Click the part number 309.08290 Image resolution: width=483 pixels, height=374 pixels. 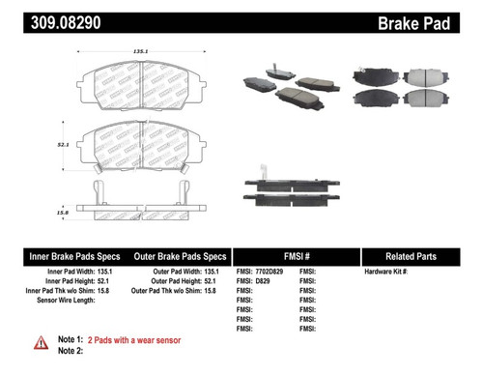click(x=47, y=17)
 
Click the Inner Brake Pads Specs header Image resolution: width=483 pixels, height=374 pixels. click(x=71, y=256)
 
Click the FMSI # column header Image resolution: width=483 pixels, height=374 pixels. click(x=294, y=256)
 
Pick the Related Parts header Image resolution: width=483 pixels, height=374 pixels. click(x=417, y=256)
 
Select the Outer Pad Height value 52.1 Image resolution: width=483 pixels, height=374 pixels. click(x=220, y=283)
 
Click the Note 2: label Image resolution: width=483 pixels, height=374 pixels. click(x=71, y=353)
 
